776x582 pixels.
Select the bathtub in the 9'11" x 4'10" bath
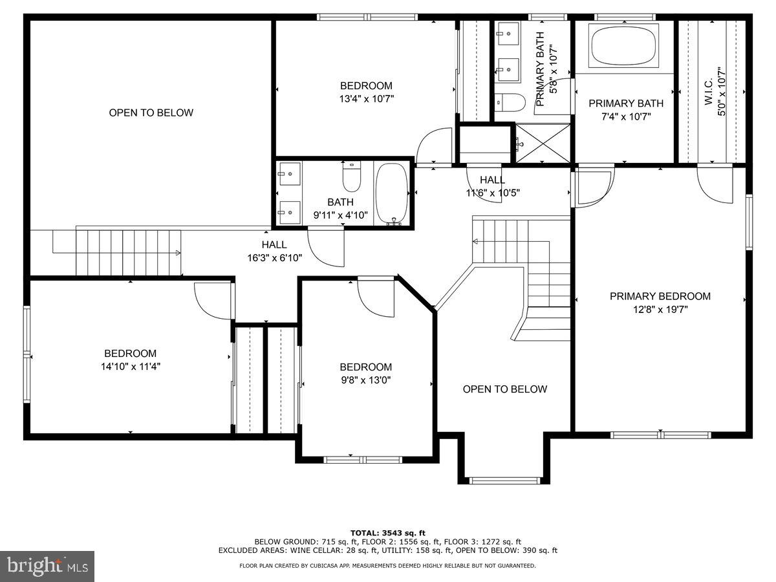point(391,193)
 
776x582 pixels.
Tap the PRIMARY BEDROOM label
point(660,296)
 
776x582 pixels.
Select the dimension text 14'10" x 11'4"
point(130,366)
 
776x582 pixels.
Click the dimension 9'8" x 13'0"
point(365,380)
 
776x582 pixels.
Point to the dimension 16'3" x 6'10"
point(274,257)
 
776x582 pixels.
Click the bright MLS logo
point(47,566)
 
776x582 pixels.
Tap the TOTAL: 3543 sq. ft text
point(387,532)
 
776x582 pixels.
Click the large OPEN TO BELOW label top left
point(151,113)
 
